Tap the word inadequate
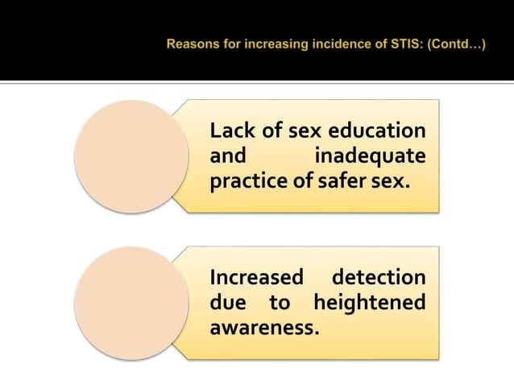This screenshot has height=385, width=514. click(371, 155)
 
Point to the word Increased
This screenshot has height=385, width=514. click(255, 278)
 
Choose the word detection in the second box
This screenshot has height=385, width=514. click(379, 278)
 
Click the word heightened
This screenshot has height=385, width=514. click(369, 303)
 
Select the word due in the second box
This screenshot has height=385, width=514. click(226, 303)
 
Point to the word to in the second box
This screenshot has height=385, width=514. click(280, 303)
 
